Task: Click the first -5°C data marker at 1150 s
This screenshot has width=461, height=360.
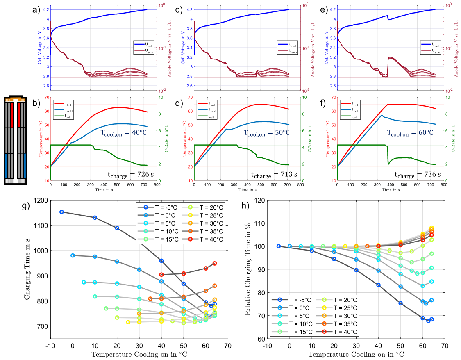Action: tap(61, 212)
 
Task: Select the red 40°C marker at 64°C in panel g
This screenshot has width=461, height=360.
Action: tap(215, 263)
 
